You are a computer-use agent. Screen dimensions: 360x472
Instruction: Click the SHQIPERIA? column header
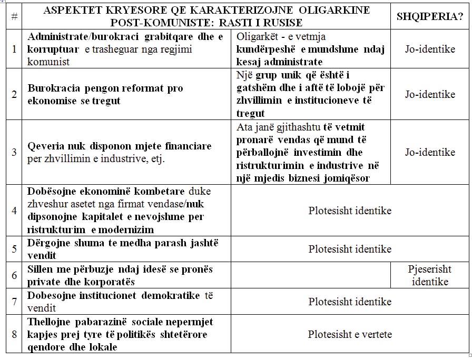pos(429,16)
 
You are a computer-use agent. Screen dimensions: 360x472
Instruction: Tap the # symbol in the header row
pos(14,17)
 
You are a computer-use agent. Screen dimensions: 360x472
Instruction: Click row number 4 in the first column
pos(14,211)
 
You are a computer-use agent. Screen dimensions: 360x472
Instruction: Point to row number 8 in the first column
pos(14,334)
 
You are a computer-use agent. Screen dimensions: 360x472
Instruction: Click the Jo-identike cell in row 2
pos(430,94)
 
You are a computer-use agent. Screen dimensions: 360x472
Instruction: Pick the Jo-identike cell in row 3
pos(430,152)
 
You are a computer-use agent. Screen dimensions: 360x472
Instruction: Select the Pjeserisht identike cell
pos(430,275)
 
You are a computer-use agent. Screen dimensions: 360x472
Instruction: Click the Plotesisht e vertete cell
pos(350,334)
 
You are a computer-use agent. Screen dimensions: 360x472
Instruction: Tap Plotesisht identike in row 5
pos(350,249)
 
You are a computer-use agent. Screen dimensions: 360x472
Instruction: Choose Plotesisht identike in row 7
pos(350,302)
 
